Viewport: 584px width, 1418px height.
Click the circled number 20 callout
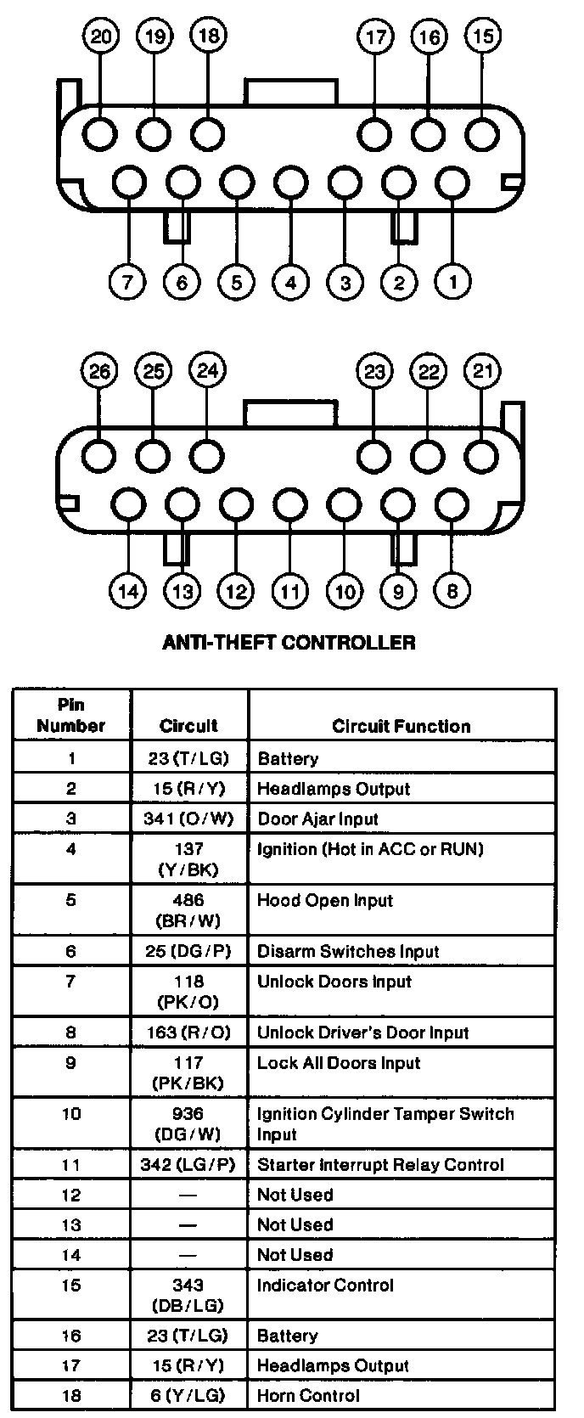click(x=101, y=37)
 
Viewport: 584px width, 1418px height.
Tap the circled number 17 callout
click(x=375, y=37)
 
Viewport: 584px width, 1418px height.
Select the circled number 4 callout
click(x=290, y=281)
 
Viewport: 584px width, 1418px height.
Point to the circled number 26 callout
click(x=99, y=371)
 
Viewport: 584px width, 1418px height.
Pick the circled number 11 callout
click(x=290, y=590)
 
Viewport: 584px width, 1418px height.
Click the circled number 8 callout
click(x=452, y=590)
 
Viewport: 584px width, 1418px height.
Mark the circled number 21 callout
click(x=482, y=371)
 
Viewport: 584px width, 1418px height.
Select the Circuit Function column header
click(x=401, y=726)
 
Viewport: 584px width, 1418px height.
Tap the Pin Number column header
click(x=71, y=715)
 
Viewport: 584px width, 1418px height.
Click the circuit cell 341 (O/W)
click(x=188, y=819)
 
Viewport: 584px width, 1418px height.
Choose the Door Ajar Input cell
click(x=317, y=819)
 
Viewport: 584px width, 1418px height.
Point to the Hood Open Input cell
click(x=325, y=900)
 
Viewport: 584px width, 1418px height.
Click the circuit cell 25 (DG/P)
click(x=188, y=951)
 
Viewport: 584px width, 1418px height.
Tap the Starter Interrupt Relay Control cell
click(x=380, y=1164)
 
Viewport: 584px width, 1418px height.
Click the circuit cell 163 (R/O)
click(x=188, y=1033)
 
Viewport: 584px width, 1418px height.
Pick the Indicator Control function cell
click(x=325, y=1285)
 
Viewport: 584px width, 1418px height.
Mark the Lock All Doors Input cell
click(x=339, y=1062)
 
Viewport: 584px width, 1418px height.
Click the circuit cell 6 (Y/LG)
click(x=188, y=1395)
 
